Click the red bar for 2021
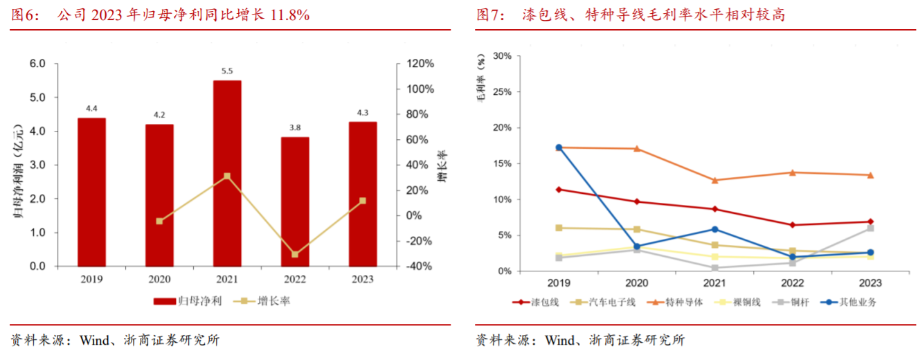[227, 173]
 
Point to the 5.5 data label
[227, 71]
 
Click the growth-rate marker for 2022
[295, 254]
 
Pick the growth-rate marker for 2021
[227, 176]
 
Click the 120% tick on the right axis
[420, 64]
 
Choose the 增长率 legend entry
[262, 301]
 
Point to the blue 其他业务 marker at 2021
[714, 229]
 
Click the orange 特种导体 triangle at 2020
[637, 149]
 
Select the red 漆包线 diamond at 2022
[793, 225]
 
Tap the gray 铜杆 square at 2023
[870, 228]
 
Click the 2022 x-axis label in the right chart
[793, 283]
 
